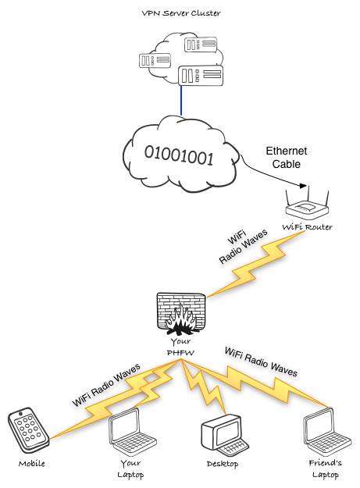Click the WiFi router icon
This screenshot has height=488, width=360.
[308, 205]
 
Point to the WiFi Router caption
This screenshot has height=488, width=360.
[307, 227]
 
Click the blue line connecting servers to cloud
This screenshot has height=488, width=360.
[182, 100]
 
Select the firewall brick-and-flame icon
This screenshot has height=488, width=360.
[180, 313]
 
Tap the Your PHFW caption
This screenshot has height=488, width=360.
[180, 347]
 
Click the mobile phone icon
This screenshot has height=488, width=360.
[27, 431]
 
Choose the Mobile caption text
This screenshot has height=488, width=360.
[32, 464]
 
